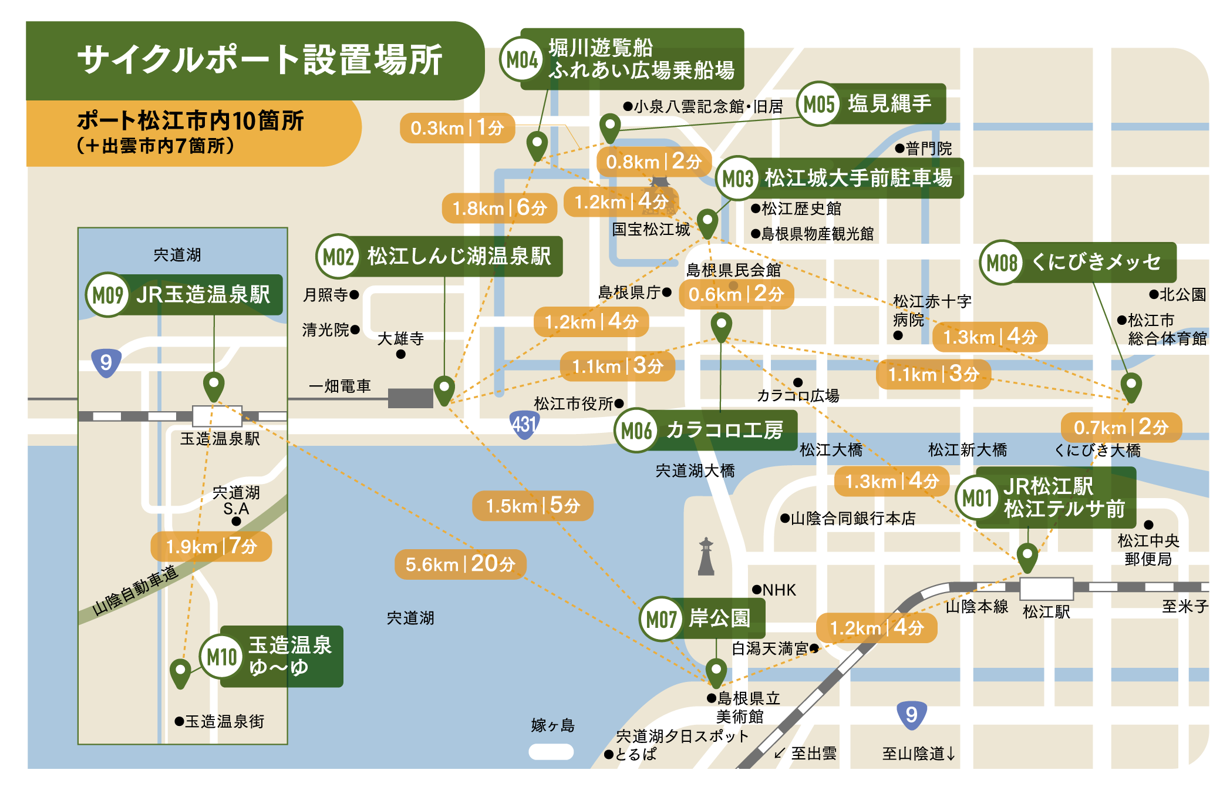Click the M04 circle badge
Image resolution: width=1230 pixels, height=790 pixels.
pyautogui.click(x=521, y=59)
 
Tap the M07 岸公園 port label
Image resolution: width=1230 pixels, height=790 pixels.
pyautogui.click(x=702, y=618)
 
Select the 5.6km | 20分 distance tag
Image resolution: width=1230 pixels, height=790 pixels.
pyautogui.click(x=460, y=564)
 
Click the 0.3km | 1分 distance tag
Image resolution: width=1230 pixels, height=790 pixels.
pyautogui.click(x=457, y=128)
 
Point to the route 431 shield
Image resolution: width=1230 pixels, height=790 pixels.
pyautogui.click(x=524, y=424)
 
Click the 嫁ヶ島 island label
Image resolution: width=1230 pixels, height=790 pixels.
pyautogui.click(x=552, y=725)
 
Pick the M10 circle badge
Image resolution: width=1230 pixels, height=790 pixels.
pyautogui.click(x=221, y=657)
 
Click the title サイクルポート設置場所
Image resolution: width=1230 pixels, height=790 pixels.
pyautogui.click(x=260, y=60)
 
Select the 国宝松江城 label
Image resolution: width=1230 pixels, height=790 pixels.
pyautogui.click(x=651, y=229)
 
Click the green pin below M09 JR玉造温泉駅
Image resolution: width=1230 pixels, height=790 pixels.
pyautogui.click(x=214, y=385)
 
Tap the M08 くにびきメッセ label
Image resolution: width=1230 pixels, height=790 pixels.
pyautogui.click(x=1078, y=263)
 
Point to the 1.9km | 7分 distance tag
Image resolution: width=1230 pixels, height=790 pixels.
pyautogui.click(x=211, y=546)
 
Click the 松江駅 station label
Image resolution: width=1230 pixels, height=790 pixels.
pyautogui.click(x=1046, y=612)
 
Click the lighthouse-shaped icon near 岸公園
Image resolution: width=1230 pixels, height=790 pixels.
pyautogui.click(x=706, y=556)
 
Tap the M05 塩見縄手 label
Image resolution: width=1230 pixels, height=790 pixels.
pyautogui.click(x=871, y=104)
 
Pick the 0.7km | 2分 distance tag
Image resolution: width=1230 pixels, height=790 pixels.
pyautogui.click(x=1121, y=427)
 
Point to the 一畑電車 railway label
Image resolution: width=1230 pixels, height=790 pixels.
pyautogui.click(x=340, y=386)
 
